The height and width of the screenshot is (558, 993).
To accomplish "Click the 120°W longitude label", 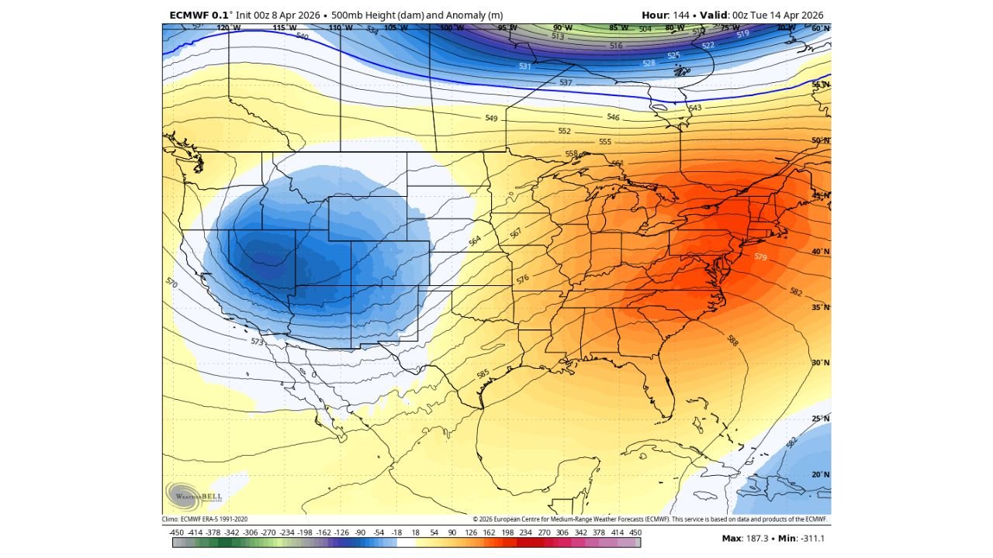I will tap(228, 28).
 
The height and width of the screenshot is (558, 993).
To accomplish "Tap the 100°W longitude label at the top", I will tap(452, 28).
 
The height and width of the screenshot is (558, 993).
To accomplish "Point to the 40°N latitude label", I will tap(821, 252).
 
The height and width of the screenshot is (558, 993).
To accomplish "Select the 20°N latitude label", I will tap(821, 474).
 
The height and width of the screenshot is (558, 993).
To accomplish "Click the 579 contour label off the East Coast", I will tap(760, 257).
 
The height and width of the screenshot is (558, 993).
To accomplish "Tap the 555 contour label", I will tap(605, 142).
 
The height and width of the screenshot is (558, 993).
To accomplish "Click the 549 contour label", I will tap(491, 119).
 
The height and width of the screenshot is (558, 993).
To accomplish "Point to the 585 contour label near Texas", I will tap(483, 374).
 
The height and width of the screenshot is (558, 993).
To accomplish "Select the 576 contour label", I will tap(523, 278).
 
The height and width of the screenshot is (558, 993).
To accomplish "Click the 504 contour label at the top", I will tap(645, 29).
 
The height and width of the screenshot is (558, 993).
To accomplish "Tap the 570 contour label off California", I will tap(171, 284).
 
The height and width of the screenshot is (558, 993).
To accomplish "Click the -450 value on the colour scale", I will tap(176, 533).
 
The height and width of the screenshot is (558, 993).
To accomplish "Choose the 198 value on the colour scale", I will tap(507, 533).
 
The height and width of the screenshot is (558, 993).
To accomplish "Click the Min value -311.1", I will tap(812, 538).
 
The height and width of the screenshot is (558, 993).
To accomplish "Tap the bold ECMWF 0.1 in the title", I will tap(198, 15).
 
